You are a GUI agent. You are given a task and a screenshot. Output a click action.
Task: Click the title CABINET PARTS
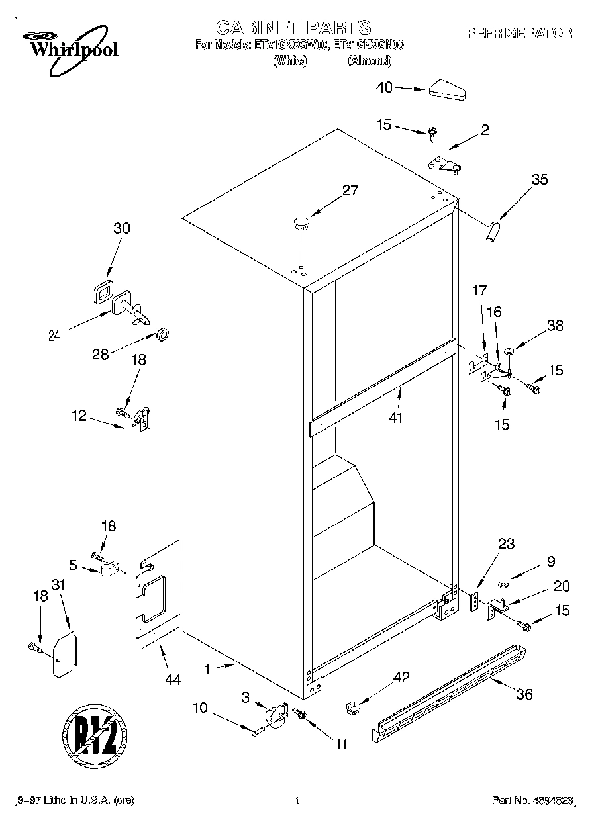pos(293,27)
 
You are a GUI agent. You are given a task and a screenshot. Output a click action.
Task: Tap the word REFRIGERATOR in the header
pos(520,33)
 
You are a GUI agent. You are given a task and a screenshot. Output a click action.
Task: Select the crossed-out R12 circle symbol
pos(93,735)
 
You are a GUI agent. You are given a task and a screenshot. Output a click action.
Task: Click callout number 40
pos(384,87)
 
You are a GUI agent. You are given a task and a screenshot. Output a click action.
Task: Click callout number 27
pos(350,191)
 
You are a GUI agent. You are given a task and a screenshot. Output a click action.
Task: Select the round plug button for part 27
pos(301,222)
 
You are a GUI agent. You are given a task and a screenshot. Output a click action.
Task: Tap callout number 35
pos(540,179)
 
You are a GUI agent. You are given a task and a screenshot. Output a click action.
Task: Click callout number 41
pos(397,418)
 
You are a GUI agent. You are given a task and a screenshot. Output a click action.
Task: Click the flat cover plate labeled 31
pos(65,655)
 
